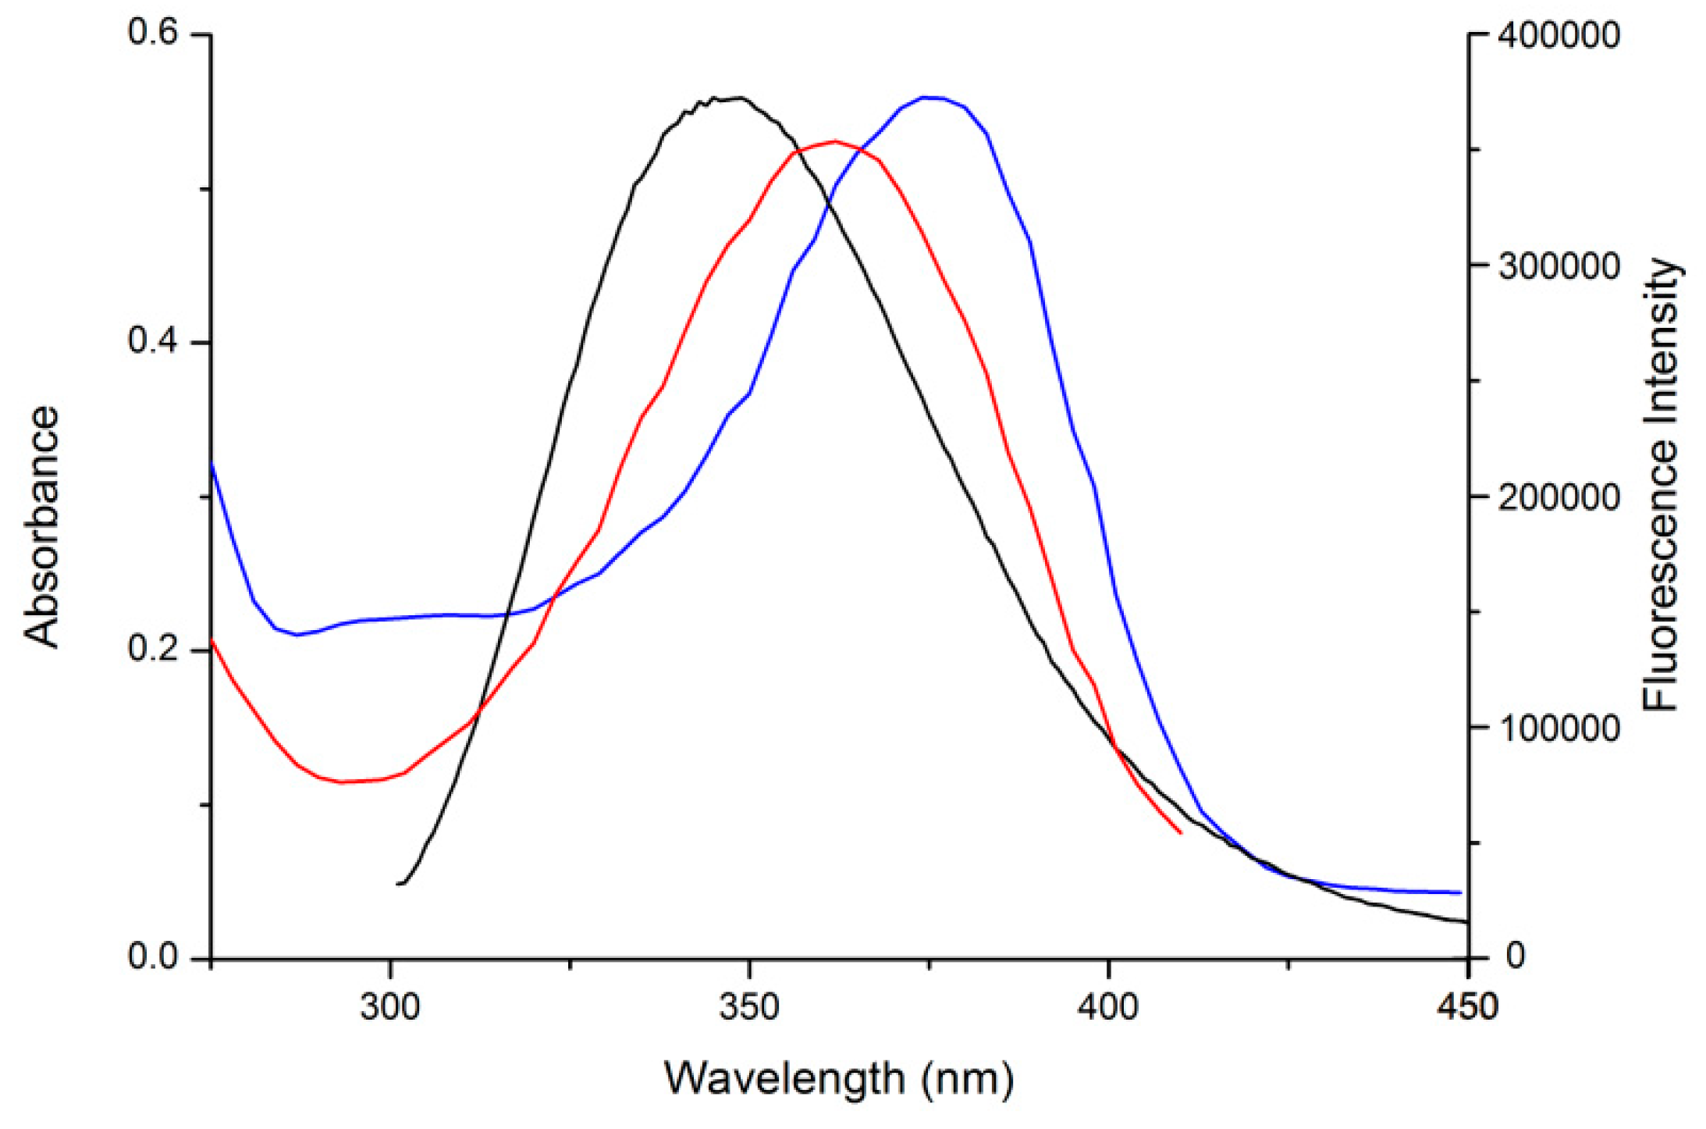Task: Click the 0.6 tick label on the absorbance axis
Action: [x=153, y=34]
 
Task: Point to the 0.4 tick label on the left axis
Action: [x=153, y=341]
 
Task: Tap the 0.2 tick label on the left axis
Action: [x=153, y=648]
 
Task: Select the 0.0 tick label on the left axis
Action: [x=153, y=956]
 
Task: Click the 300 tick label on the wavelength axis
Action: [x=389, y=1007]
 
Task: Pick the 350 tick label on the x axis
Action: [x=749, y=1007]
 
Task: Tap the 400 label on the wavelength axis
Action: [x=1108, y=1007]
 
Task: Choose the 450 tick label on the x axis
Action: [x=1467, y=1007]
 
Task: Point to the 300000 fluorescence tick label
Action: [x=1559, y=267]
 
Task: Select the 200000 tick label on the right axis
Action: [x=1559, y=497]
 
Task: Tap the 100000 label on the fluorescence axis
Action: [x=1559, y=728]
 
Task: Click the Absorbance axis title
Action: [x=41, y=526]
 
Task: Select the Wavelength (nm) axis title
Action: [x=839, y=1079]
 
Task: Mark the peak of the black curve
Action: [x=737, y=98]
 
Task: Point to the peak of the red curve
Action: [x=835, y=141]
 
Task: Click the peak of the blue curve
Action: [x=929, y=98]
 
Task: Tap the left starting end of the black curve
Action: [x=398, y=884]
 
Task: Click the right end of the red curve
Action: [x=1181, y=833]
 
